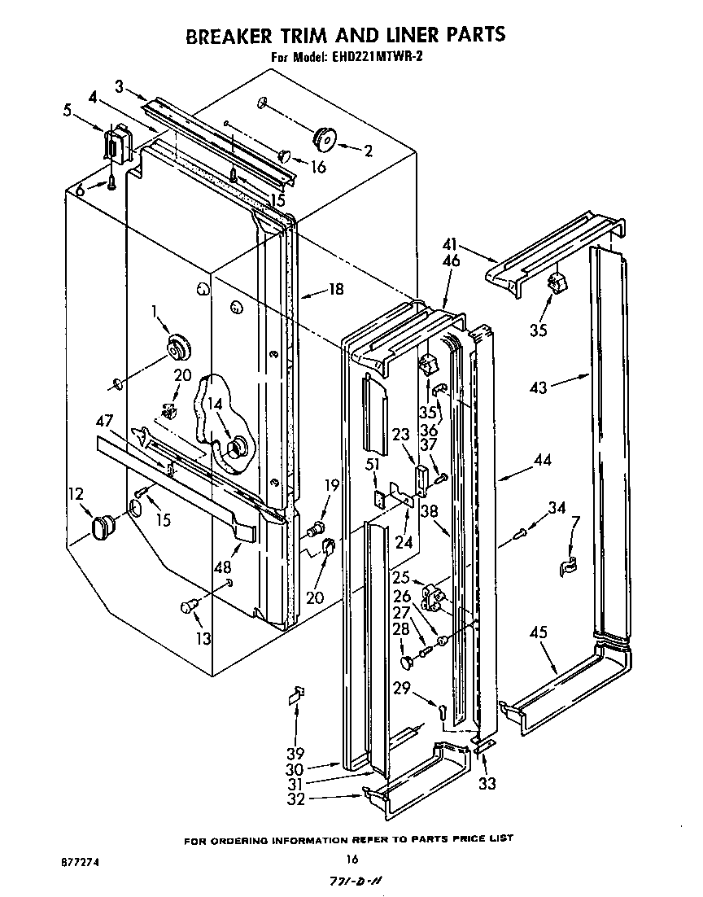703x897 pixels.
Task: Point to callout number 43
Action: pos(539,387)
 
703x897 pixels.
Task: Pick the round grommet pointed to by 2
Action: pos(326,140)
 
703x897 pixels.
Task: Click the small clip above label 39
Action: pos(297,694)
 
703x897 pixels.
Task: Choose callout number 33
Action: pos(487,783)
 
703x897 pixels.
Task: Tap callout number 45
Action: pos(538,632)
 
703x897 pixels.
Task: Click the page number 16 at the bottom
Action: pos(351,858)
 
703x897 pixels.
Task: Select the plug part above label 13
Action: pos(190,605)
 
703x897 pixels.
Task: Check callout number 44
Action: pos(541,461)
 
